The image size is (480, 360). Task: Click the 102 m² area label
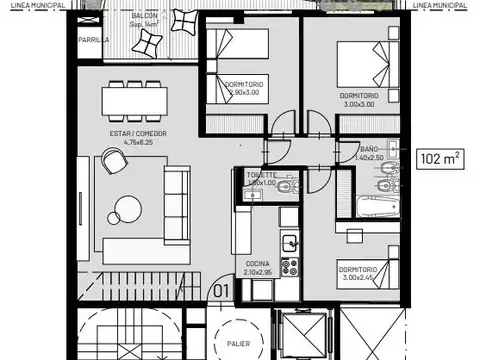click(440, 157)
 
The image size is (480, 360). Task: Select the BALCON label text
click(144, 17)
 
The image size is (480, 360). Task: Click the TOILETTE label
click(261, 174)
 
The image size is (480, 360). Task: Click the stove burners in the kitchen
click(292, 268)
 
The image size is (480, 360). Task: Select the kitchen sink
click(289, 242)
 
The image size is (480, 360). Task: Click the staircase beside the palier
click(130, 335)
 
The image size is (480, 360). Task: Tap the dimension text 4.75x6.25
click(138, 142)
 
